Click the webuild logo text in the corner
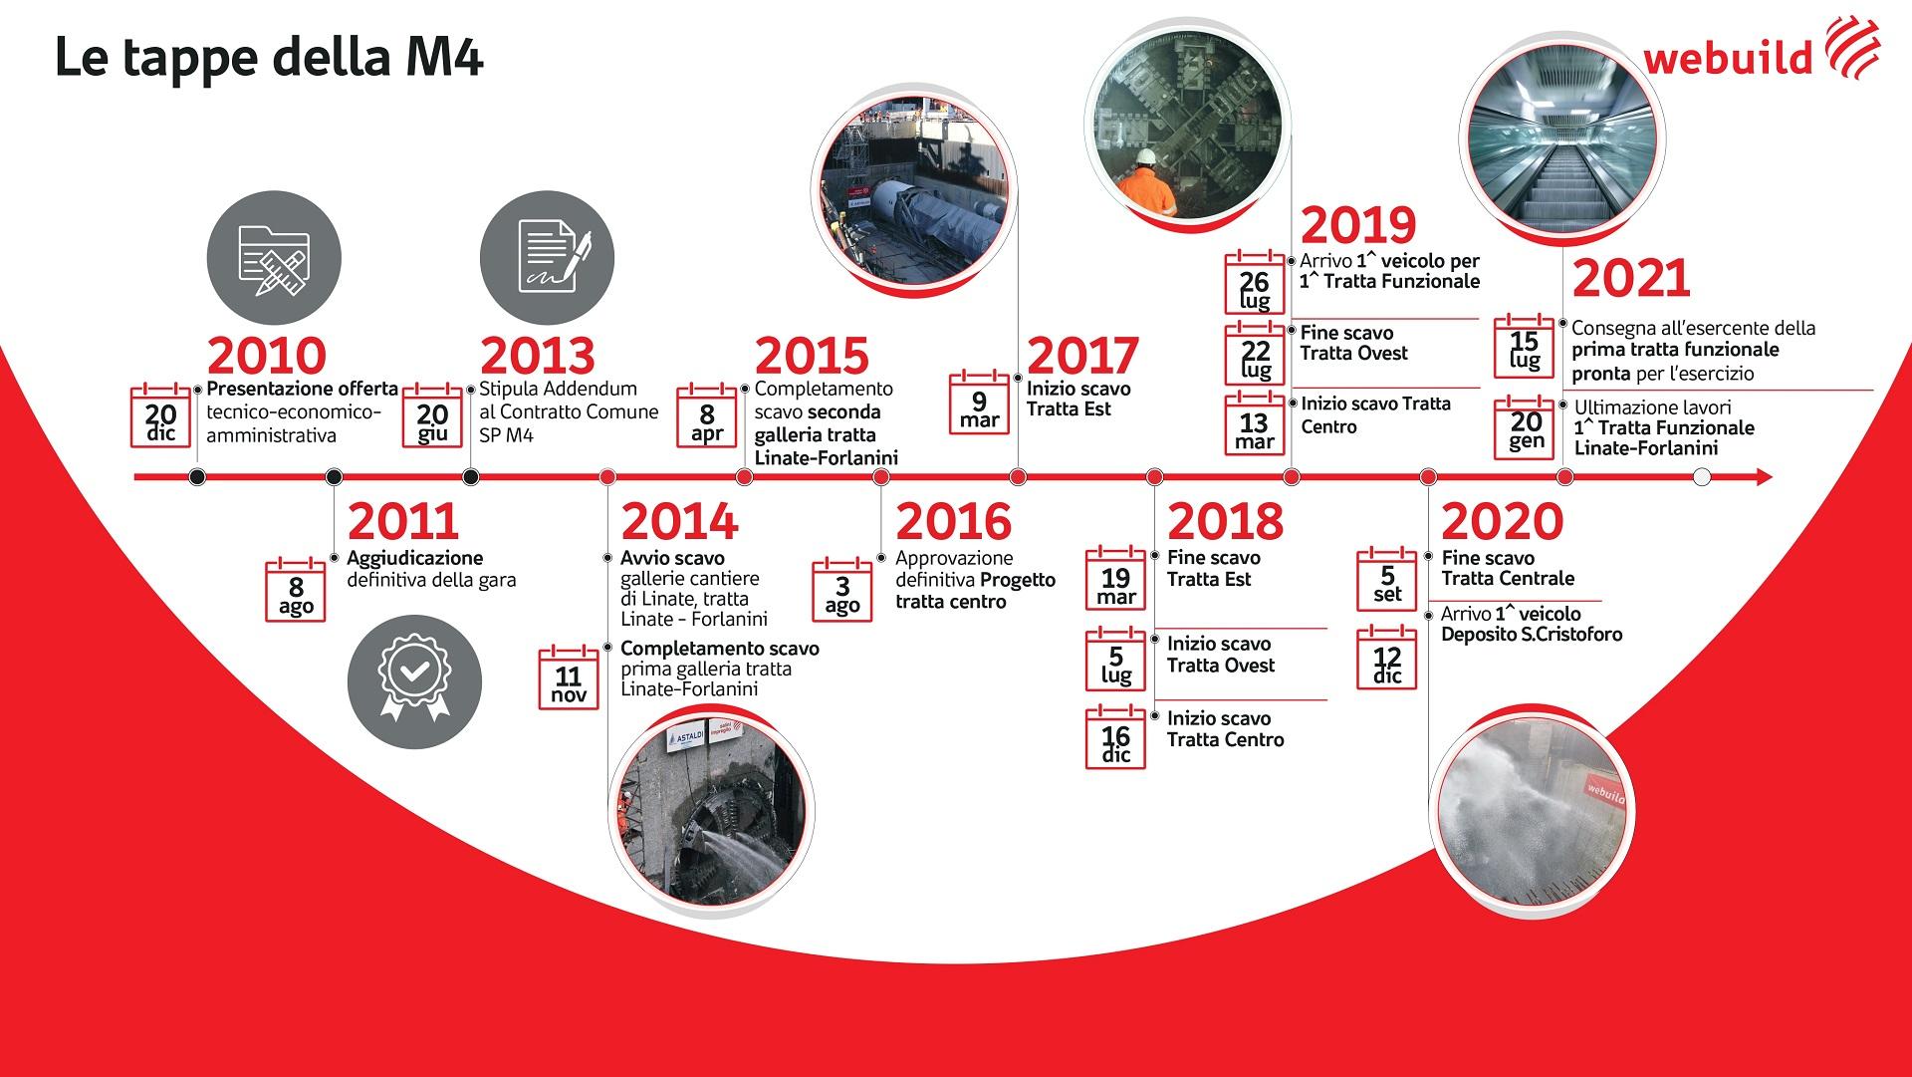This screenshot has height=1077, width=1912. [1728, 58]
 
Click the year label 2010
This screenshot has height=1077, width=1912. [267, 356]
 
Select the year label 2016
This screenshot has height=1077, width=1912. [953, 522]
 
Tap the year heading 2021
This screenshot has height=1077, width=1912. [1632, 279]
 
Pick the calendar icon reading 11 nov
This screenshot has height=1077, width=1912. [569, 677]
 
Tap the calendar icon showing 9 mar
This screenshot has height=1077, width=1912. [980, 403]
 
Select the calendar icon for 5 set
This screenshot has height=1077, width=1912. [1387, 578]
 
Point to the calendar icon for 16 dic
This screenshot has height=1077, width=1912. [1115, 737]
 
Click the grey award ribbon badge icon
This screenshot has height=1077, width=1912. [414, 681]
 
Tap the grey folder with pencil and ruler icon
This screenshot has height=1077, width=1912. [274, 258]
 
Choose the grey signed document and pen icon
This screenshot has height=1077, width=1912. [547, 258]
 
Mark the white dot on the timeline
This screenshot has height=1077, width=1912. [1702, 477]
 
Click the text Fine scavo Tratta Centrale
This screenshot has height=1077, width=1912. [1508, 568]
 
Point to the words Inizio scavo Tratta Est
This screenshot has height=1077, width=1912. [1078, 399]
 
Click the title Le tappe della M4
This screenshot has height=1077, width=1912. [269, 58]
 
